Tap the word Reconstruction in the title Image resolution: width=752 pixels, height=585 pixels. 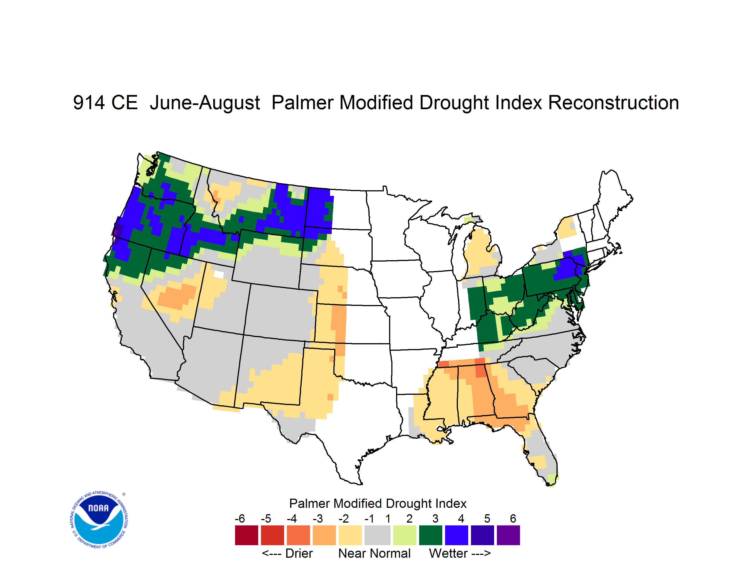pos(613,103)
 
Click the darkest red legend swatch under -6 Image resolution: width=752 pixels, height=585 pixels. pos(246,535)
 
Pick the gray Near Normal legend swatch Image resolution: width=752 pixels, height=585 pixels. pos(377,535)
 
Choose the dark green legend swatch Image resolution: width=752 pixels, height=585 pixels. pos(430,535)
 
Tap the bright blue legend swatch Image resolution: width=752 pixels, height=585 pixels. pos(456,535)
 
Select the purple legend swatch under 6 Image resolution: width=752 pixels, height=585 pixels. pos(508,535)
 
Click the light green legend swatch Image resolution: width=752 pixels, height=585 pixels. pos(405,535)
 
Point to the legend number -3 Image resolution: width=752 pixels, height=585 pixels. pos(318,518)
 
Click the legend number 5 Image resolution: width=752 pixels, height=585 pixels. pos(487,518)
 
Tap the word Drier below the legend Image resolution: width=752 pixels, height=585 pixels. pos(299,553)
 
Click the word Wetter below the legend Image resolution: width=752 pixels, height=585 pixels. pos(448,553)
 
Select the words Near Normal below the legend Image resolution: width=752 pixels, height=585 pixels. pos(374,553)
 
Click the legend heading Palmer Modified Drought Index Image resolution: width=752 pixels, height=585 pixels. pos(378,503)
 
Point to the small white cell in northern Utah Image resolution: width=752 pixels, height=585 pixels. pos(219,274)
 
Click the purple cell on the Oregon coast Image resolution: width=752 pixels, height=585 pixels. pos(118,230)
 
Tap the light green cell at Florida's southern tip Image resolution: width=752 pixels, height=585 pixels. pos(552,480)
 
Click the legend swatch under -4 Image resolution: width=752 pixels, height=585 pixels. pos(298,535)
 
